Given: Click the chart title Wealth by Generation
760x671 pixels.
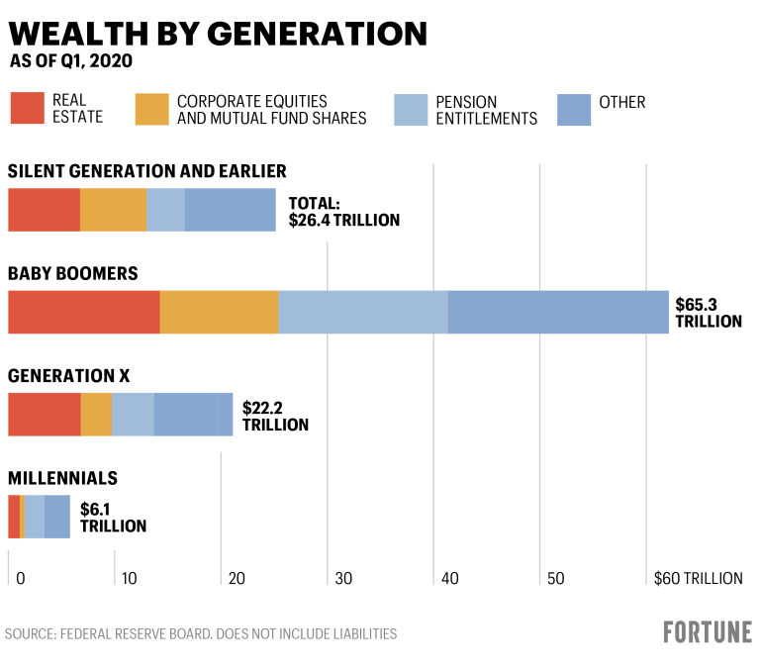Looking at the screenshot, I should click(x=218, y=34).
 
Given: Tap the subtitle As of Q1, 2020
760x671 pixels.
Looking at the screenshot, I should click(x=71, y=61).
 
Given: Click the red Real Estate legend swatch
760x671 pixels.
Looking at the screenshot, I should click(x=27, y=109).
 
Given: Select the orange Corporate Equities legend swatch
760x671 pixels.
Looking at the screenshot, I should click(x=152, y=109).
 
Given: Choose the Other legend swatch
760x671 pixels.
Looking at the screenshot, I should click(x=574, y=109).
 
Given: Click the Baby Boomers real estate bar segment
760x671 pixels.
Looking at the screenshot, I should click(x=84, y=312).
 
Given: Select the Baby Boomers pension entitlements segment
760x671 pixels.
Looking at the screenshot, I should click(x=363, y=312).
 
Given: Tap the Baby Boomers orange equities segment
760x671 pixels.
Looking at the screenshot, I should click(x=219, y=312).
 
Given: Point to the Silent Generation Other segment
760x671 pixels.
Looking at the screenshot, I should click(x=230, y=210).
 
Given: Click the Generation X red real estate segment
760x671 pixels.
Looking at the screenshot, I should click(x=45, y=414).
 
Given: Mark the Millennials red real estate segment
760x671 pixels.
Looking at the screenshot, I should click(x=14, y=517).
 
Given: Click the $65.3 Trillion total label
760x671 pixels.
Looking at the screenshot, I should click(x=708, y=312).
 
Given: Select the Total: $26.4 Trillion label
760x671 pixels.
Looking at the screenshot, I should click(x=343, y=211).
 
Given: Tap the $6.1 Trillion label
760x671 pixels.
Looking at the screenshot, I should click(x=113, y=517).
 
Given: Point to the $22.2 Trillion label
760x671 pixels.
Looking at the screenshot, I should click(x=275, y=415).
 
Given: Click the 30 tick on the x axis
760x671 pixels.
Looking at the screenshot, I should click(x=342, y=578).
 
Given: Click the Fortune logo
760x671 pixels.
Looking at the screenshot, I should click(x=707, y=632).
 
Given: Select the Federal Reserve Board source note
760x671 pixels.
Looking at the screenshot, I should click(x=201, y=633).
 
